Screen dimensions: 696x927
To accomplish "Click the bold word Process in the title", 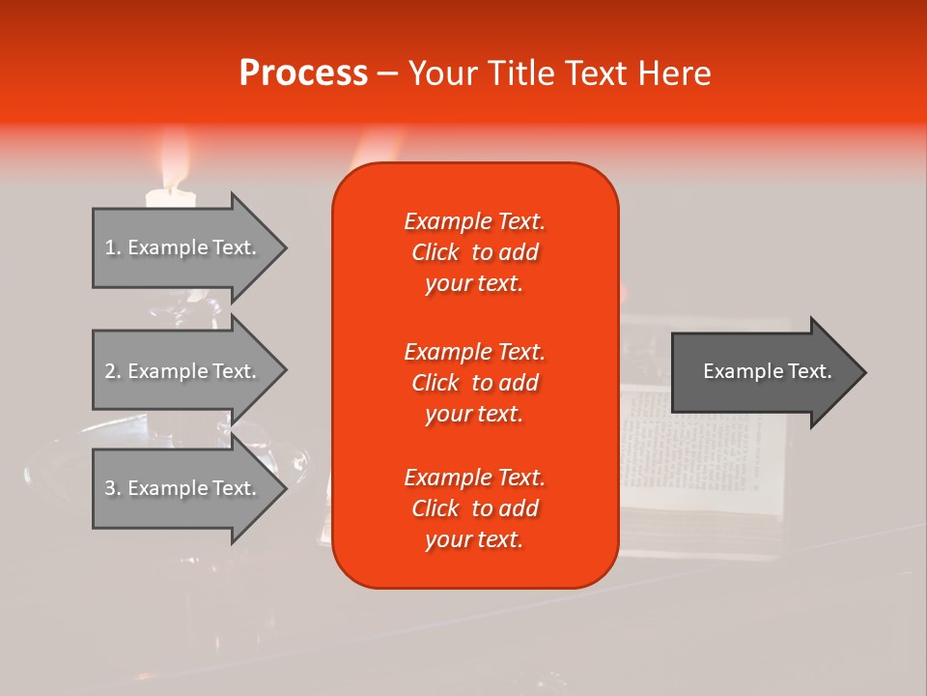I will tap(303, 73).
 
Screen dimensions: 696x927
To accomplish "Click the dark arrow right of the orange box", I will tap(763, 372).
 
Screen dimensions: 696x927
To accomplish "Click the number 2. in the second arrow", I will tap(112, 371).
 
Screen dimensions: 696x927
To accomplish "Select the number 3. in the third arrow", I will tap(112, 488).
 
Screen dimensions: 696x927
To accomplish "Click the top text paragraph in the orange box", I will tap(474, 252).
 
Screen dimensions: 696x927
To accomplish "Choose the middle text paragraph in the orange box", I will tap(474, 383).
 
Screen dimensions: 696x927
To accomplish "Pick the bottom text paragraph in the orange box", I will tap(474, 508).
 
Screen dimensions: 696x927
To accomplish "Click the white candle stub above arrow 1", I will tap(170, 198).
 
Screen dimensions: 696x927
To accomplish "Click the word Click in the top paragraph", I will tap(435, 252).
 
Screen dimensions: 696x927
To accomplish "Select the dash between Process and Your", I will tap(387, 74).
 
